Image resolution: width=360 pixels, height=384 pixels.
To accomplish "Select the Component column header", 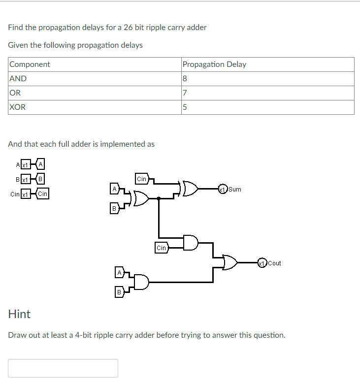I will (x=30, y=64).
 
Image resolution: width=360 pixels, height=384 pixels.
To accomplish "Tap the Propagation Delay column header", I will (x=214, y=64).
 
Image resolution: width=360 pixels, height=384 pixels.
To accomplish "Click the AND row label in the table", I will (x=18, y=79).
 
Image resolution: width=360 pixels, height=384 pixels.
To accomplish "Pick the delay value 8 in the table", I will (x=185, y=79).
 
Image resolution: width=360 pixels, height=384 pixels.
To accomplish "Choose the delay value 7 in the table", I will (x=185, y=93).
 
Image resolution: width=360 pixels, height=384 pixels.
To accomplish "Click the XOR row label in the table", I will (x=18, y=107).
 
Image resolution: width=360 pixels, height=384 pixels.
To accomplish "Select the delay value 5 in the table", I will (x=185, y=107).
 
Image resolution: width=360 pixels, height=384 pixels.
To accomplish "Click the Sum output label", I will (x=235, y=189).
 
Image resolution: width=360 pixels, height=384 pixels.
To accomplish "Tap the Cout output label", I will (x=274, y=263).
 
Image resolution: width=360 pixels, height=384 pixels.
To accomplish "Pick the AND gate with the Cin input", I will (x=190, y=243).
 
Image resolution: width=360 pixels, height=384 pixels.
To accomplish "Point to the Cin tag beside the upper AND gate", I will (x=162, y=248).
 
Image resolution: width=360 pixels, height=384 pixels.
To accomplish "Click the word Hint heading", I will (x=19, y=314).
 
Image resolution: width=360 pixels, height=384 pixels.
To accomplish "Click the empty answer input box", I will (x=63, y=368).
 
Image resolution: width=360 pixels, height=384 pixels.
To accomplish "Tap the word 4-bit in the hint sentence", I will (x=81, y=335).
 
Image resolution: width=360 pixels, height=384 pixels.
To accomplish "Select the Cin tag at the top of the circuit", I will (x=141, y=179).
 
